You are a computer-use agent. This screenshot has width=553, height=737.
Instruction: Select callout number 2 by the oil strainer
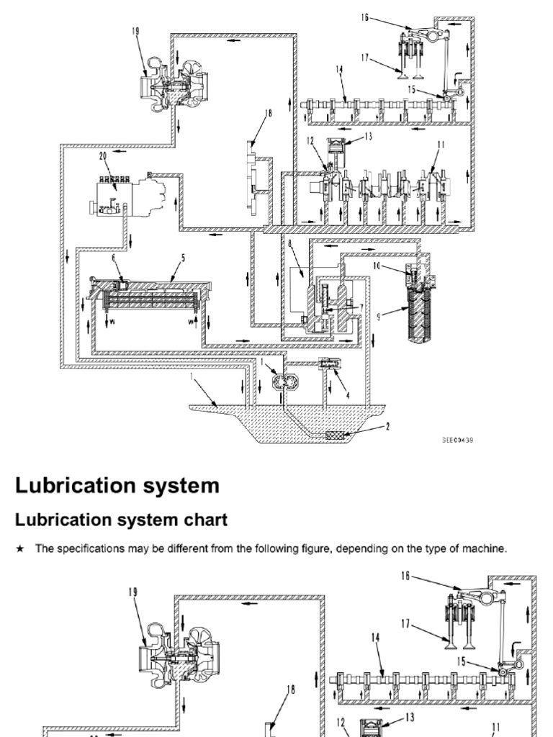[x=388, y=427]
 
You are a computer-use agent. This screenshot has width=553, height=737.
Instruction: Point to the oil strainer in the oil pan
[x=337, y=435]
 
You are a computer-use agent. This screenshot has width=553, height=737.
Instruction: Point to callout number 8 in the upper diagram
[x=289, y=245]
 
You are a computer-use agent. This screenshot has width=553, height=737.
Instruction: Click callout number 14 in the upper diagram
[x=338, y=69]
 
